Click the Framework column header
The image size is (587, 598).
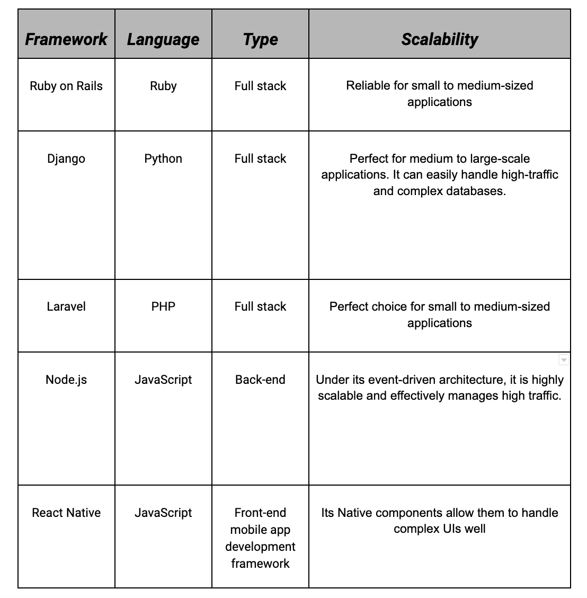point(66,39)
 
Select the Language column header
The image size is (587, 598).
point(163,39)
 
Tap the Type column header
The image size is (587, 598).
point(260,39)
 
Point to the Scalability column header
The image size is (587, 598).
point(439,39)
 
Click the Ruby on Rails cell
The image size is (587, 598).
point(66,86)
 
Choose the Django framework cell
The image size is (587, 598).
point(66,159)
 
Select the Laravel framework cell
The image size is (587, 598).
point(66,306)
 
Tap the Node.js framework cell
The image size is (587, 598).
point(66,380)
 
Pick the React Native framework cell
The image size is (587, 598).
point(66,513)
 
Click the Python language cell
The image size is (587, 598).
point(163,159)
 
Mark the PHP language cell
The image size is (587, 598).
point(163,306)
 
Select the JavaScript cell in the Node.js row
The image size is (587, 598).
point(163,380)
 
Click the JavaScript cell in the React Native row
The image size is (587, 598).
point(163,513)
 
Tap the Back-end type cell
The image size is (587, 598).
point(260,380)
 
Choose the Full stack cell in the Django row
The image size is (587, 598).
point(260,159)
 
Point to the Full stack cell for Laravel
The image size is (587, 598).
point(260,306)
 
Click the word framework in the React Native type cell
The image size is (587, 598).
point(260,563)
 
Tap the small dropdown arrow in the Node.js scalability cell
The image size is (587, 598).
point(564,360)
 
